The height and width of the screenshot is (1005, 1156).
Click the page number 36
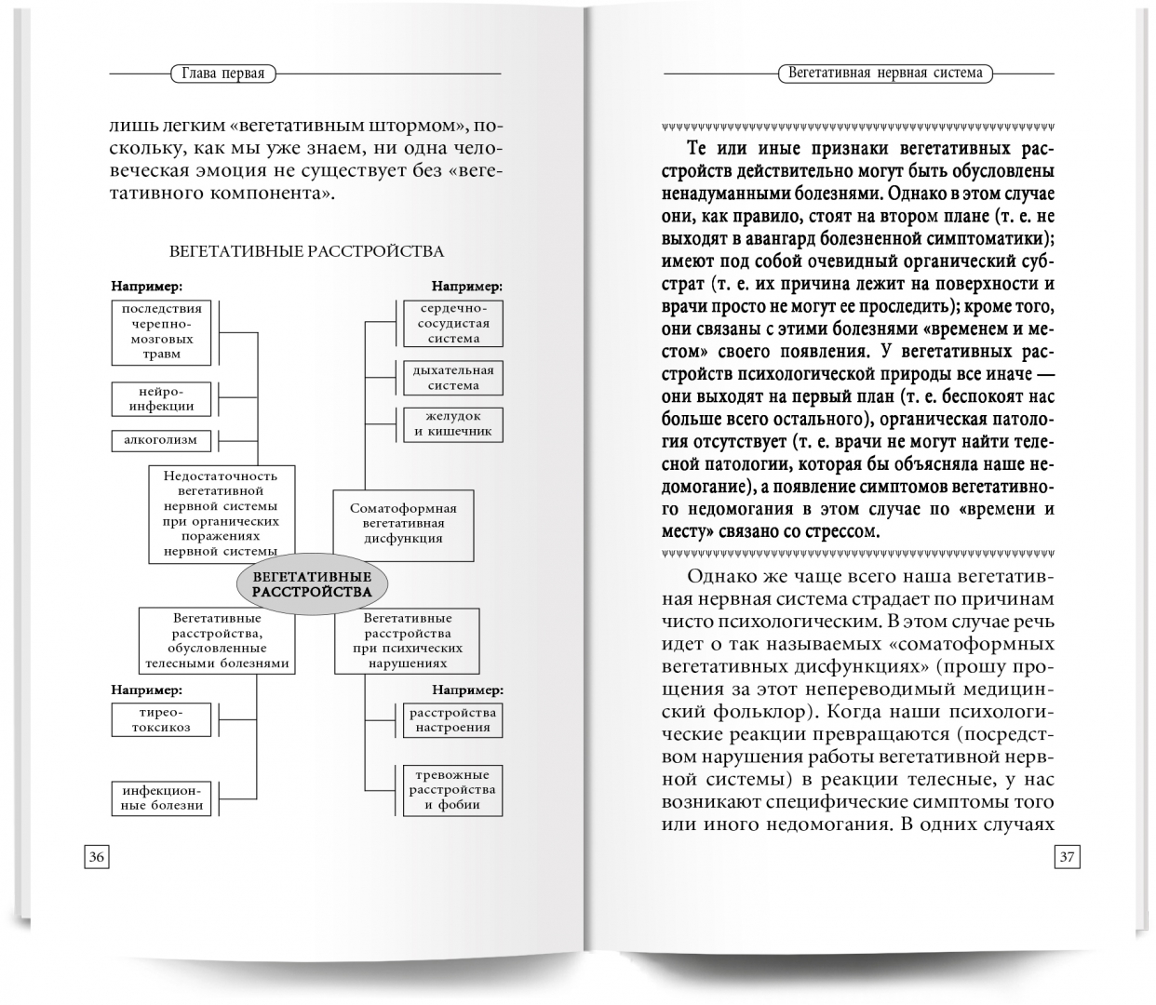pyautogui.click(x=96, y=857)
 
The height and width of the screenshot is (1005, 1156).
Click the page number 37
pyautogui.click(x=1067, y=857)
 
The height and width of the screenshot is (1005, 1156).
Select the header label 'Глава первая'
pyautogui.click(x=224, y=74)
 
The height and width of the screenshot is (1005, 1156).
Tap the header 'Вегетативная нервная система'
pyautogui.click(x=884, y=73)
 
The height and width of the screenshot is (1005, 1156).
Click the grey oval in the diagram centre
pyautogui.click(x=312, y=584)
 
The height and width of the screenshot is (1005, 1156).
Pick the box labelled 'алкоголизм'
pyautogui.click(x=161, y=440)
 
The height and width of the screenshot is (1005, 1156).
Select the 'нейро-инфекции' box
pyautogui.click(x=162, y=398)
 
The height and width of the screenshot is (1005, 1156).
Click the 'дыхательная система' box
pyautogui.click(x=453, y=378)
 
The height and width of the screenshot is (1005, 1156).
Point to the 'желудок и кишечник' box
pyautogui.click(x=453, y=424)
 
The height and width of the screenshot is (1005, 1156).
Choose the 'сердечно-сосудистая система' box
pyautogui.click(x=453, y=323)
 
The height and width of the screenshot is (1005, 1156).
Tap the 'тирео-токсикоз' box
pyautogui.click(x=161, y=719)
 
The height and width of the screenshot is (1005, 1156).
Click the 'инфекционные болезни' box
pyautogui.click(x=161, y=797)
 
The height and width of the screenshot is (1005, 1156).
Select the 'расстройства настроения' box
pyautogui.click(x=453, y=719)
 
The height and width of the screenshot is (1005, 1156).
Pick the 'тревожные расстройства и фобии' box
pyautogui.click(x=453, y=789)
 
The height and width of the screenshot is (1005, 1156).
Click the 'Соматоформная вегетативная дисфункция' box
pyautogui.click(x=403, y=523)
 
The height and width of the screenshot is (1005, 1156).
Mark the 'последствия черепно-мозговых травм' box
pyautogui.click(x=162, y=331)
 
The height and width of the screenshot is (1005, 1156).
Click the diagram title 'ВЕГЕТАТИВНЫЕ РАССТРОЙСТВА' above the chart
pyautogui.click(x=306, y=251)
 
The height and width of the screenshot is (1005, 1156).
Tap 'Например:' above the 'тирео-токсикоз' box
pyautogui.click(x=146, y=690)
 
